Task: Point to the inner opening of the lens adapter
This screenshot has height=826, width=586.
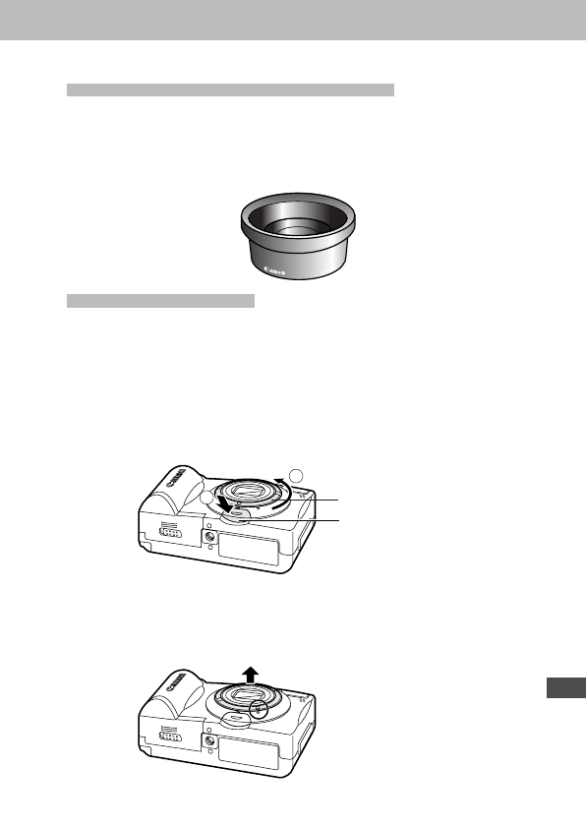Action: [297, 227]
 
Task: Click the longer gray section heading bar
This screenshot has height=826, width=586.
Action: [230, 90]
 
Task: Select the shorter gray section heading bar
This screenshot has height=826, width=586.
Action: [160, 300]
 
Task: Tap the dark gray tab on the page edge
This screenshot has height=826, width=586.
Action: [563, 689]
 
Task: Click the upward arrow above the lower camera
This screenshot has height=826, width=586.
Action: [252, 674]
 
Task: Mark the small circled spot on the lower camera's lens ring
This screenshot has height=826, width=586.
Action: [261, 708]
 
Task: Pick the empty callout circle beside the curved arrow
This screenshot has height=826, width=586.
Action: [304, 475]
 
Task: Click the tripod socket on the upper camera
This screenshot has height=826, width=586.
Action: [208, 536]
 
